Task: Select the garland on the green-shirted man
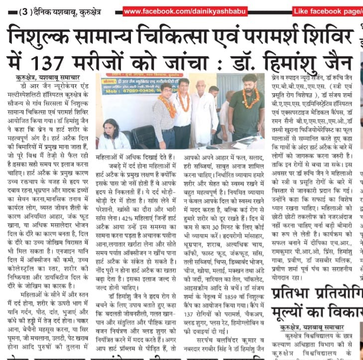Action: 250,98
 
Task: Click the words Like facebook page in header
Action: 334,11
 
